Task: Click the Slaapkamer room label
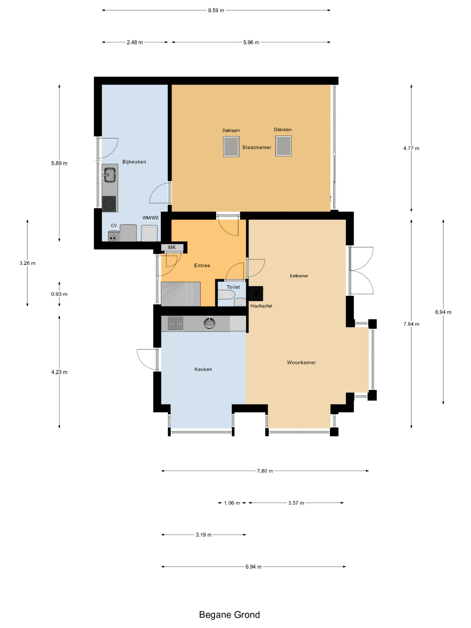pyautogui.click(x=256, y=147)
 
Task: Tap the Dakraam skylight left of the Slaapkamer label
pyautogui.click(x=231, y=146)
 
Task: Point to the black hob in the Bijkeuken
pyautogui.click(x=109, y=204)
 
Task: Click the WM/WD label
pyautogui.click(x=150, y=218)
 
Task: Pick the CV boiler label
pyautogui.click(x=114, y=226)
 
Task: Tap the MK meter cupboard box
pyautogui.click(x=172, y=247)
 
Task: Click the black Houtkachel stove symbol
pyautogui.click(x=256, y=294)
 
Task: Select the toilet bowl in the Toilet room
pyautogui.click(x=226, y=295)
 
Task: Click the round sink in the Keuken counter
pyautogui.click(x=209, y=323)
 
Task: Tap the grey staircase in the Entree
pyautogui.click(x=181, y=294)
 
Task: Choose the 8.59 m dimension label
pyautogui.click(x=216, y=11)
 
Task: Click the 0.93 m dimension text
pyautogui.click(x=59, y=294)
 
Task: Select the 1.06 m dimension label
pyautogui.click(x=232, y=503)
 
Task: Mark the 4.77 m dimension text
pyautogui.click(x=411, y=148)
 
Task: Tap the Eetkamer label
pyautogui.click(x=299, y=276)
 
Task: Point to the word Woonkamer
pyautogui.click(x=301, y=363)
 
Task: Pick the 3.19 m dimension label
pyautogui.click(x=204, y=535)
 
